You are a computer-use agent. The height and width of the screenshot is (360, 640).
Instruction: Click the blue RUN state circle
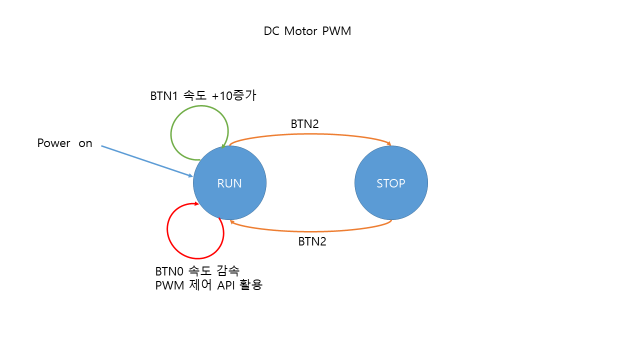click(x=230, y=183)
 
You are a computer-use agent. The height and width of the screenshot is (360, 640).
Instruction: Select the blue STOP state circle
click(x=391, y=183)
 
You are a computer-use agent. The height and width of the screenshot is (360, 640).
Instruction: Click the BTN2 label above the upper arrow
click(x=306, y=122)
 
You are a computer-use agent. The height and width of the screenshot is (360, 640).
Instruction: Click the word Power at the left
click(x=53, y=143)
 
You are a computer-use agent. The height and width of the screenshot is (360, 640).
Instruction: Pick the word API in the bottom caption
click(x=230, y=286)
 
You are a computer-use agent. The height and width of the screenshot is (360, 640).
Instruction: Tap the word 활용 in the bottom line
click(x=261, y=286)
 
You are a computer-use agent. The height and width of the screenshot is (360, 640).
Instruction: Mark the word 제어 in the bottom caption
click(x=201, y=286)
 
